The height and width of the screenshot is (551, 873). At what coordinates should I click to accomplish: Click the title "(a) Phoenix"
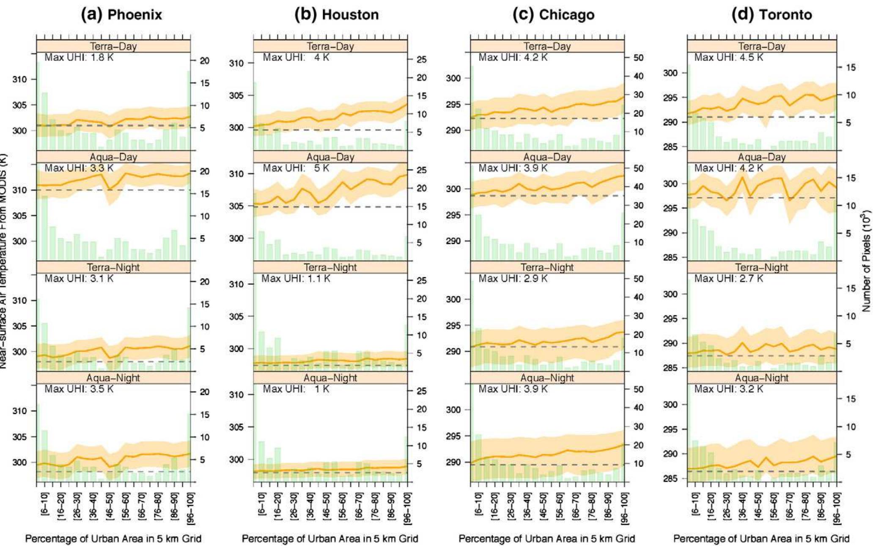coord(121,15)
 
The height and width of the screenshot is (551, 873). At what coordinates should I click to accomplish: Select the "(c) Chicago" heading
coord(553,15)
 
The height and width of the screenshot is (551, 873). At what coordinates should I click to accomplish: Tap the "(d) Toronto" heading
coord(771,15)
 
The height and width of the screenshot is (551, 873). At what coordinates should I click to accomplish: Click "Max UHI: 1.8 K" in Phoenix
coord(79,57)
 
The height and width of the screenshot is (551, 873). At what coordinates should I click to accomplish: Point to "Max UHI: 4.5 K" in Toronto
coord(729,57)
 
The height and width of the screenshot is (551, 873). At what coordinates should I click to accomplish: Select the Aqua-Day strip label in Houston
coord(330,157)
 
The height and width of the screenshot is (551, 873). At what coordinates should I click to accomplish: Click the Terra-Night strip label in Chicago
coord(547,267)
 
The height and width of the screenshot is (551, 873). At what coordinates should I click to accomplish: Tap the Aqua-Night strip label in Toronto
coord(762,378)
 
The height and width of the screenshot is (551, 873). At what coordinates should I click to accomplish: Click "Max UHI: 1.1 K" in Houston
coord(296,278)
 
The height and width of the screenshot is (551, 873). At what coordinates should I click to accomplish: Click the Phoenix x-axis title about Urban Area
coord(113,539)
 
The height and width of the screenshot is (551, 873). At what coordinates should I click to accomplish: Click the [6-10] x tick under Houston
coord(261,504)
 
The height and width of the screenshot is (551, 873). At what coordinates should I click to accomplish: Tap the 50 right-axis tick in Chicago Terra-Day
coord(637,58)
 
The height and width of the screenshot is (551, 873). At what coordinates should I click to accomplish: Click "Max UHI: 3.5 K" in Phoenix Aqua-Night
coord(79,389)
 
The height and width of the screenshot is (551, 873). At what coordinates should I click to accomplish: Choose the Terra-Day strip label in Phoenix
coord(113,47)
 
